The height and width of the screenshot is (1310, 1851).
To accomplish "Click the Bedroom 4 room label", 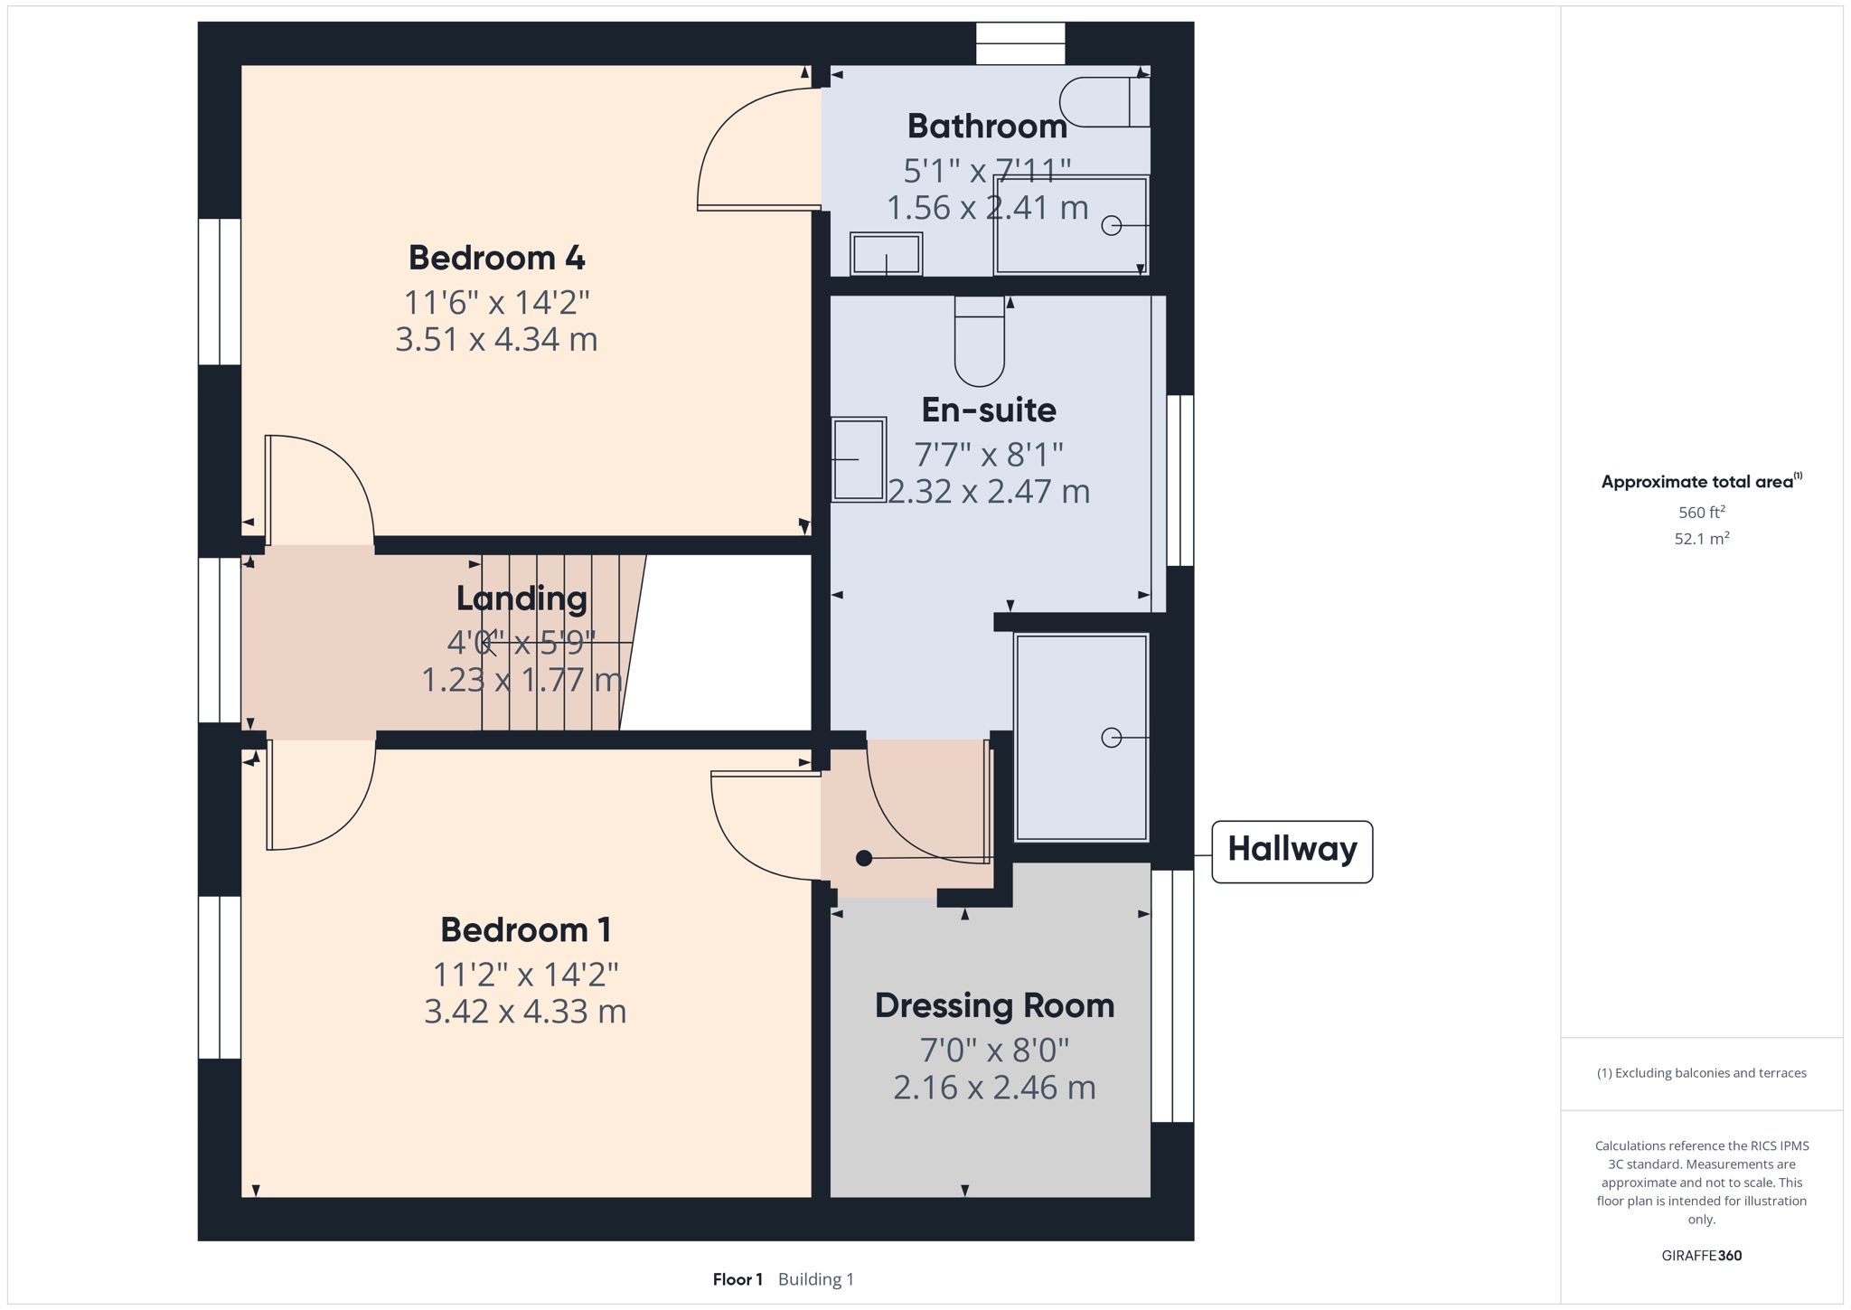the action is tap(496, 258).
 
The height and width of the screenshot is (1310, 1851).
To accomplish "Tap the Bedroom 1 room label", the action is tap(525, 929).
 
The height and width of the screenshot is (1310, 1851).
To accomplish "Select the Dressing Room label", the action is tap(994, 1006).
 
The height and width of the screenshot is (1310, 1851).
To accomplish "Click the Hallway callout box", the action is tap(1292, 851).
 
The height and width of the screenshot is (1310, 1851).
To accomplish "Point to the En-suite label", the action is tap(989, 410).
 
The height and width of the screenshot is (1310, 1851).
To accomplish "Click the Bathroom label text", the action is tap(987, 126).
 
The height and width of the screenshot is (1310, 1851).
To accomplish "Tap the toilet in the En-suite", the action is tap(980, 342).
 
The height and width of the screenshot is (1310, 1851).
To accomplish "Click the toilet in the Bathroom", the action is tap(1104, 101).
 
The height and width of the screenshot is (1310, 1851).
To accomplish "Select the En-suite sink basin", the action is tap(859, 459).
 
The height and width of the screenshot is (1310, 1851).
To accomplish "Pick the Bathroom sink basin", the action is tap(886, 254).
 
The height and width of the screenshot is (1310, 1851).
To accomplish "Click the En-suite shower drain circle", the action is tap(1112, 738).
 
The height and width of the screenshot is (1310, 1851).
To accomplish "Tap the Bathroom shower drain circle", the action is tap(1112, 225).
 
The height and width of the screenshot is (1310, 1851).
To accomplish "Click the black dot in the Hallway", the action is tap(864, 858).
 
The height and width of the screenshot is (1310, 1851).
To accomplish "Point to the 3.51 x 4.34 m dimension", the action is tap(496, 340).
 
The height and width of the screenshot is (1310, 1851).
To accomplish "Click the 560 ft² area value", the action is tap(1702, 512).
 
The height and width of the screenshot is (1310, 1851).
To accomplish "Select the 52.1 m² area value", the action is tap(1702, 539).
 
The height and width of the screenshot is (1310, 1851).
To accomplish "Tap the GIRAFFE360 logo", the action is tap(1702, 1255).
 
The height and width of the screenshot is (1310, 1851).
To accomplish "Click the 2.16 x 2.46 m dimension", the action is tap(994, 1088).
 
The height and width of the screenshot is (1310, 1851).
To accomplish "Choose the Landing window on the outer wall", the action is tap(220, 640).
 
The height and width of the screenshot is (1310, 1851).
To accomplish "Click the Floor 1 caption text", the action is tap(738, 1279).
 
